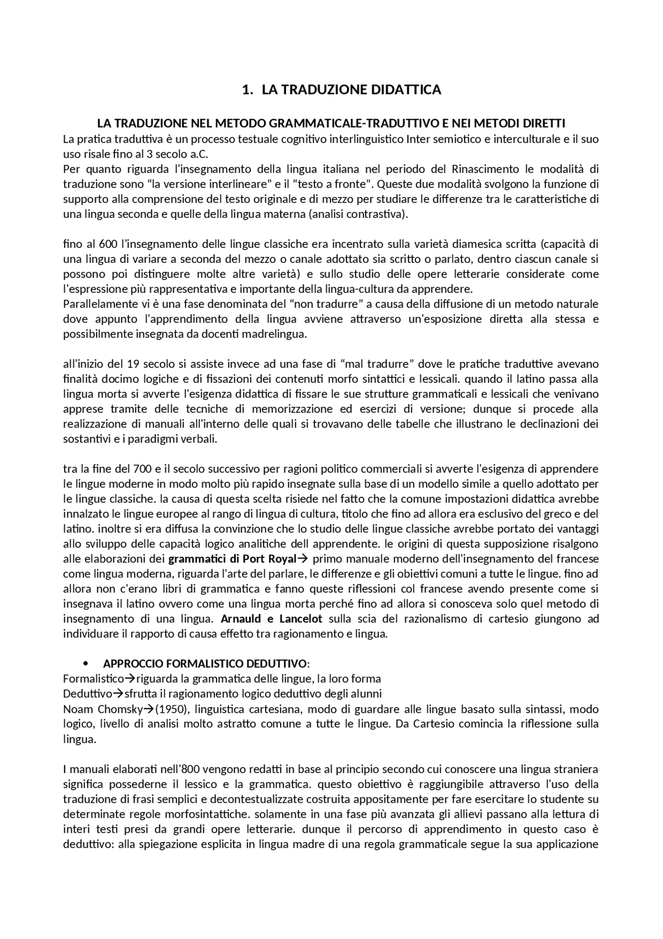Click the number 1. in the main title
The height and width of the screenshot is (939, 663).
[248, 90]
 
